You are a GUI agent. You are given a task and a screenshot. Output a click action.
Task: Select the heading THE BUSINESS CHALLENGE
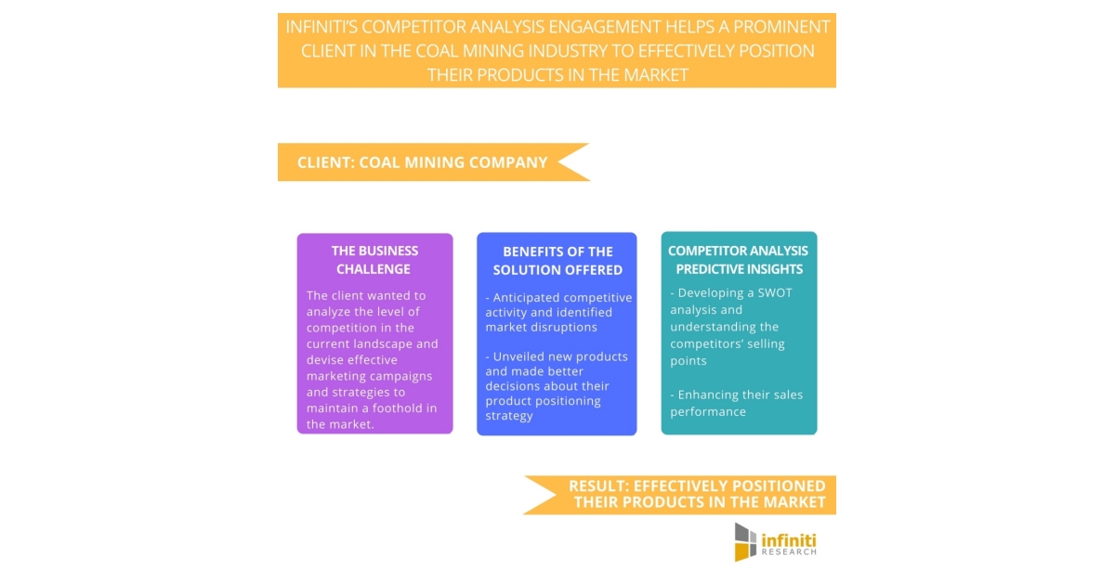click(374, 260)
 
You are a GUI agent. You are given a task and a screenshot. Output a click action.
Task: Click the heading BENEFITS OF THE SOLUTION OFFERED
click(557, 260)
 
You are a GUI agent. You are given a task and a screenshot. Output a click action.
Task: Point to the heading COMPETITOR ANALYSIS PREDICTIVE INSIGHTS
click(739, 260)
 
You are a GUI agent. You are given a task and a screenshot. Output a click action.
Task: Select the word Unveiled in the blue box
click(521, 356)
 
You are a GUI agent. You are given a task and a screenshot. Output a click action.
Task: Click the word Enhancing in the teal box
click(713, 394)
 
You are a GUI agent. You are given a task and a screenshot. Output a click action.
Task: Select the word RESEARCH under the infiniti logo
click(789, 551)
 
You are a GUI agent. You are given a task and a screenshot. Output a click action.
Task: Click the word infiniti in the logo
click(790, 537)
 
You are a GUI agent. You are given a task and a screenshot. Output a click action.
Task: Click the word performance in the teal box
click(708, 411)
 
